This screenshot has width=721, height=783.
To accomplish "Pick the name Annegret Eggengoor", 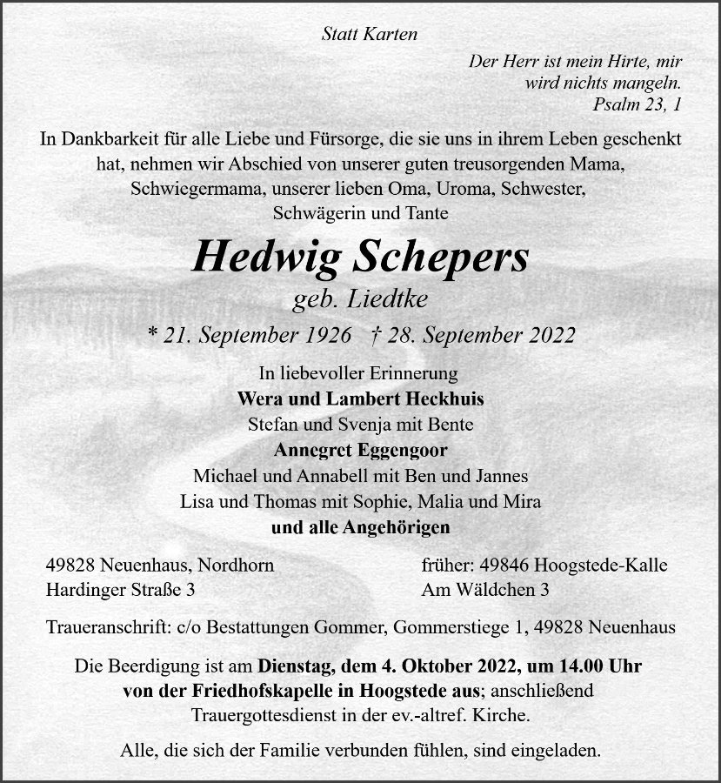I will [360, 451].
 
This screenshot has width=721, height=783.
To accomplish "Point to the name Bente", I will [451, 425].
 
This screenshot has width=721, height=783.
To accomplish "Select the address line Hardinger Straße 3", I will [120, 590].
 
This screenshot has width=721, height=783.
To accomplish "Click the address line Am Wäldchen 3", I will [484, 590].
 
